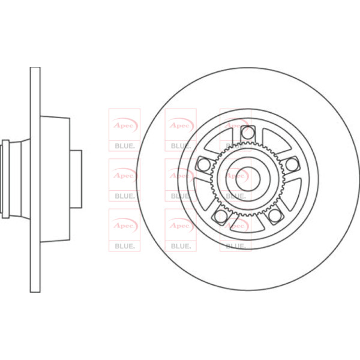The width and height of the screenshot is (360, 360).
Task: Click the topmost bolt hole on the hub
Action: (x=248, y=133)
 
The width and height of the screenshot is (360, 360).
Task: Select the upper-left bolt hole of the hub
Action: (x=203, y=164)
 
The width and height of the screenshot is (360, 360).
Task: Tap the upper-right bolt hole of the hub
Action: (x=292, y=164)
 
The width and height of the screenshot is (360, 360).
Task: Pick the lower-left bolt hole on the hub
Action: (x=220, y=216)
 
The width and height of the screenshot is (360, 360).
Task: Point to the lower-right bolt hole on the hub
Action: (x=275, y=216)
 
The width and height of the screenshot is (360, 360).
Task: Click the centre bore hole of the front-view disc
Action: (x=248, y=179)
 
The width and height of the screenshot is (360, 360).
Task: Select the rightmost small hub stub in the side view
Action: (x=76, y=179)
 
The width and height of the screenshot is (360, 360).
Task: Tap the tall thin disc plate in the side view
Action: (x=35, y=180)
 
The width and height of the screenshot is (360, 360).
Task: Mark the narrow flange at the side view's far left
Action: (x=5, y=179)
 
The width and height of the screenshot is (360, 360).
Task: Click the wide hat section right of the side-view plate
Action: (x=55, y=179)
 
